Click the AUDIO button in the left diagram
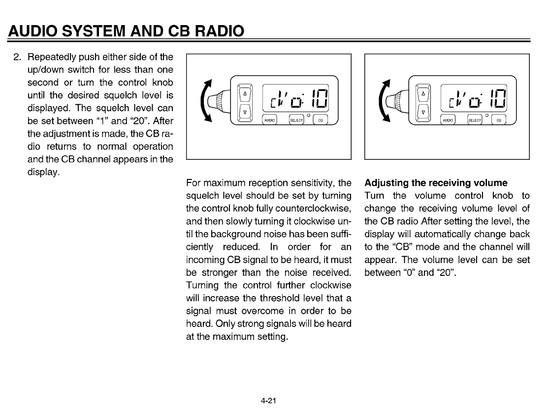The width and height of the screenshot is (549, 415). tap(269, 119)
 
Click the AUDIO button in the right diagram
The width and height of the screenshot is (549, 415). tap(448, 119)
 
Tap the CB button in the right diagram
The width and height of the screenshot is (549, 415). tap(499, 119)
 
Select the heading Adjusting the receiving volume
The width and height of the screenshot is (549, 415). tap(436, 183)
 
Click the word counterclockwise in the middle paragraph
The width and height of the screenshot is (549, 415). tap(309, 208)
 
